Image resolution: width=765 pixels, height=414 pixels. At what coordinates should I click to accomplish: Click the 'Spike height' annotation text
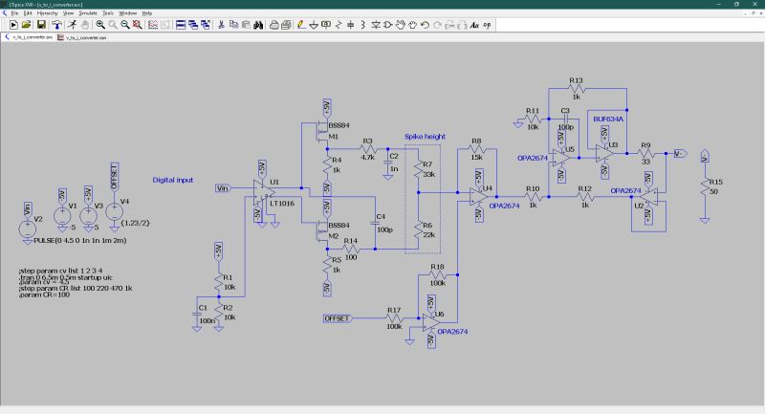click(x=424, y=137)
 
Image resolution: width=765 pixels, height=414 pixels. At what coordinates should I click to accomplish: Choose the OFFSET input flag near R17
click(x=337, y=316)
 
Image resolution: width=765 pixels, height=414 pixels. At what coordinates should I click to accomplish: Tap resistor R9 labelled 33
click(x=645, y=152)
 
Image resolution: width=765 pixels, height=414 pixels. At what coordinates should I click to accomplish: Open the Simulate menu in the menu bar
click(x=88, y=13)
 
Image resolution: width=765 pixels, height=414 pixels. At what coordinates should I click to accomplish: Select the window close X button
click(x=755, y=4)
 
